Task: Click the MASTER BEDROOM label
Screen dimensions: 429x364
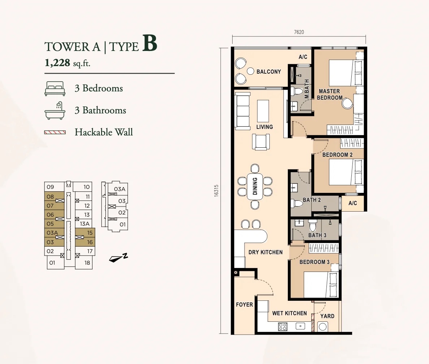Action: tap(330, 94)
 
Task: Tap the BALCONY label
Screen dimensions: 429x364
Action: tap(269, 72)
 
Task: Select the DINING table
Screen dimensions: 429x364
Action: tap(255, 186)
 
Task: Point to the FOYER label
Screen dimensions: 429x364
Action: tap(244, 305)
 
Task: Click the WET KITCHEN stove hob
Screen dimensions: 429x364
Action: tap(283, 326)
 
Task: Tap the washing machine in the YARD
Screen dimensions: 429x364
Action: tap(322, 327)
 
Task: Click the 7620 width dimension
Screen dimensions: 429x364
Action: tap(299, 32)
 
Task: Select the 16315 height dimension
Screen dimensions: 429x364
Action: tap(216, 190)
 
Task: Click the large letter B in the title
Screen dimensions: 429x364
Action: tap(149, 43)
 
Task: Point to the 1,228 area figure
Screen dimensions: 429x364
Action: tap(57, 63)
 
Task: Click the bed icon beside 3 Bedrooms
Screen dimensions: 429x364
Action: tap(55, 88)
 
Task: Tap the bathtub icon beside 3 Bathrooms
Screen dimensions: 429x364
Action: tap(55, 110)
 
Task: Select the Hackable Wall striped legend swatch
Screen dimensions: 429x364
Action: tap(55, 133)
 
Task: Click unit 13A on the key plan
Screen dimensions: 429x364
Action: tap(84, 224)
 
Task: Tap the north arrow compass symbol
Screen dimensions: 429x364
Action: tap(118, 257)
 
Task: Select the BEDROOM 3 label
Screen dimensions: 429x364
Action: tap(315, 262)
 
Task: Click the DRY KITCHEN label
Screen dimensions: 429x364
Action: tap(265, 252)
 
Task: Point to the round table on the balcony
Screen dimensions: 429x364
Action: tap(250, 71)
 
